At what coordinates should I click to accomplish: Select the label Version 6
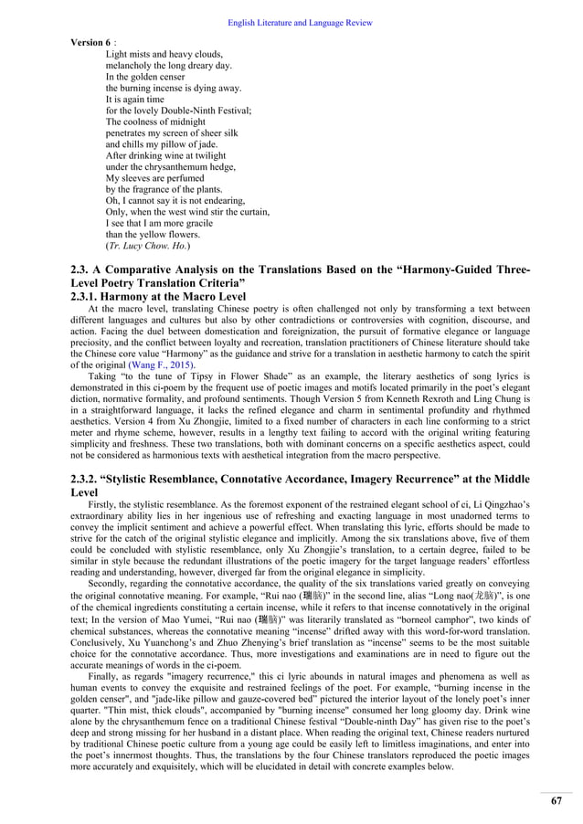pos(90,42)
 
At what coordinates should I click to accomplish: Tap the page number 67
pos(556,800)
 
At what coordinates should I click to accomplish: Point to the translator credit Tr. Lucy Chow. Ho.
pos(147,246)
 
